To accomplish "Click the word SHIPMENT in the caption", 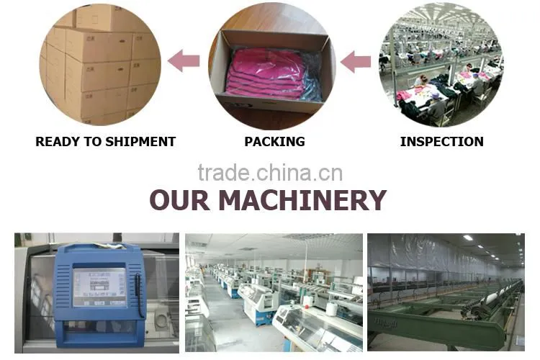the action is [140, 142].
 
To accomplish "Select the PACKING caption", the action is [274, 142].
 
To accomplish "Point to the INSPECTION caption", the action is [442, 142].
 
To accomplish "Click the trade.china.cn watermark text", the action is [270, 173].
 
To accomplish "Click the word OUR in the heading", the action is [179, 200].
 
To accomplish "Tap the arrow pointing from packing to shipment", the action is [184, 60].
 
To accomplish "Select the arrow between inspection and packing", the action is [356, 62].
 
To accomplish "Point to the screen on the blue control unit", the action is [99, 287].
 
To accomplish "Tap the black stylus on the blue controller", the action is [139, 296].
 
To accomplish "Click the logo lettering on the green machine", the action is [386, 323].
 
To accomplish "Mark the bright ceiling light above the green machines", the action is [468, 238].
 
